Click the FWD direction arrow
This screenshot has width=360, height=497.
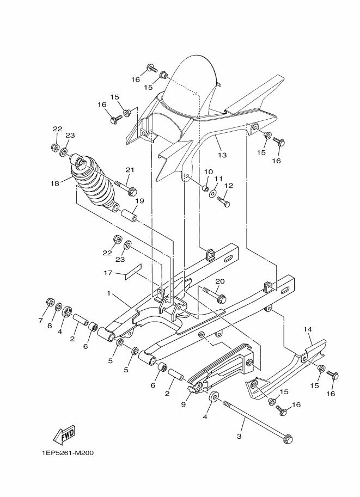64,434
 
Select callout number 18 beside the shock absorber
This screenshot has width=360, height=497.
55,183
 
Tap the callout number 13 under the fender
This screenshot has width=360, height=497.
222,155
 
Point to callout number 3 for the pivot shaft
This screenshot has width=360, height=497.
239,436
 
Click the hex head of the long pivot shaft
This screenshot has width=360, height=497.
289,439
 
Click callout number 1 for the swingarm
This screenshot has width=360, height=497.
109,293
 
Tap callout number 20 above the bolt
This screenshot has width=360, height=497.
219,281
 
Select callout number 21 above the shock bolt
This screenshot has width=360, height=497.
129,169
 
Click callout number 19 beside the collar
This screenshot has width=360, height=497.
139,201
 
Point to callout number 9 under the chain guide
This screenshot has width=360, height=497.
184,404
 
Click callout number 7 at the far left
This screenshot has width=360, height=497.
40,321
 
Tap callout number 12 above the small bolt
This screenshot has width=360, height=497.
229,186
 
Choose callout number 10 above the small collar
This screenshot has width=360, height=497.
208,172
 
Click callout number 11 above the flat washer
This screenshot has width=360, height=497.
218,179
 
